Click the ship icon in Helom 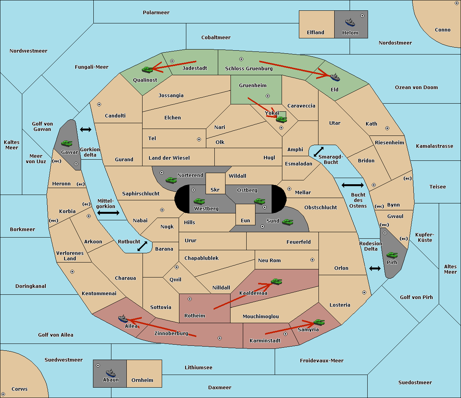point(350,22)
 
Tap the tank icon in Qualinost point(147,69)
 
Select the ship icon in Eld point(335,77)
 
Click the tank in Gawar point(66,144)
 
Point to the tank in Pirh point(392,255)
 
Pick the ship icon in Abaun point(111,373)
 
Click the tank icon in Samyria point(319,322)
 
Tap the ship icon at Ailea point(123,319)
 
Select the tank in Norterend point(171,180)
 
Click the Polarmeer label point(156,13)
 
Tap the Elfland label point(315,33)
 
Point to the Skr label point(215,190)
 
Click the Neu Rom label point(269,261)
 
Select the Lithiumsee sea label point(198,368)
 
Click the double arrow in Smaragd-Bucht point(319,152)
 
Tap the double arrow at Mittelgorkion point(108,213)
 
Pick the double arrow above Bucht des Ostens point(352,185)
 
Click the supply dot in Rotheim point(190,299)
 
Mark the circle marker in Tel point(199,139)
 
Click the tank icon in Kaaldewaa point(276,282)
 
